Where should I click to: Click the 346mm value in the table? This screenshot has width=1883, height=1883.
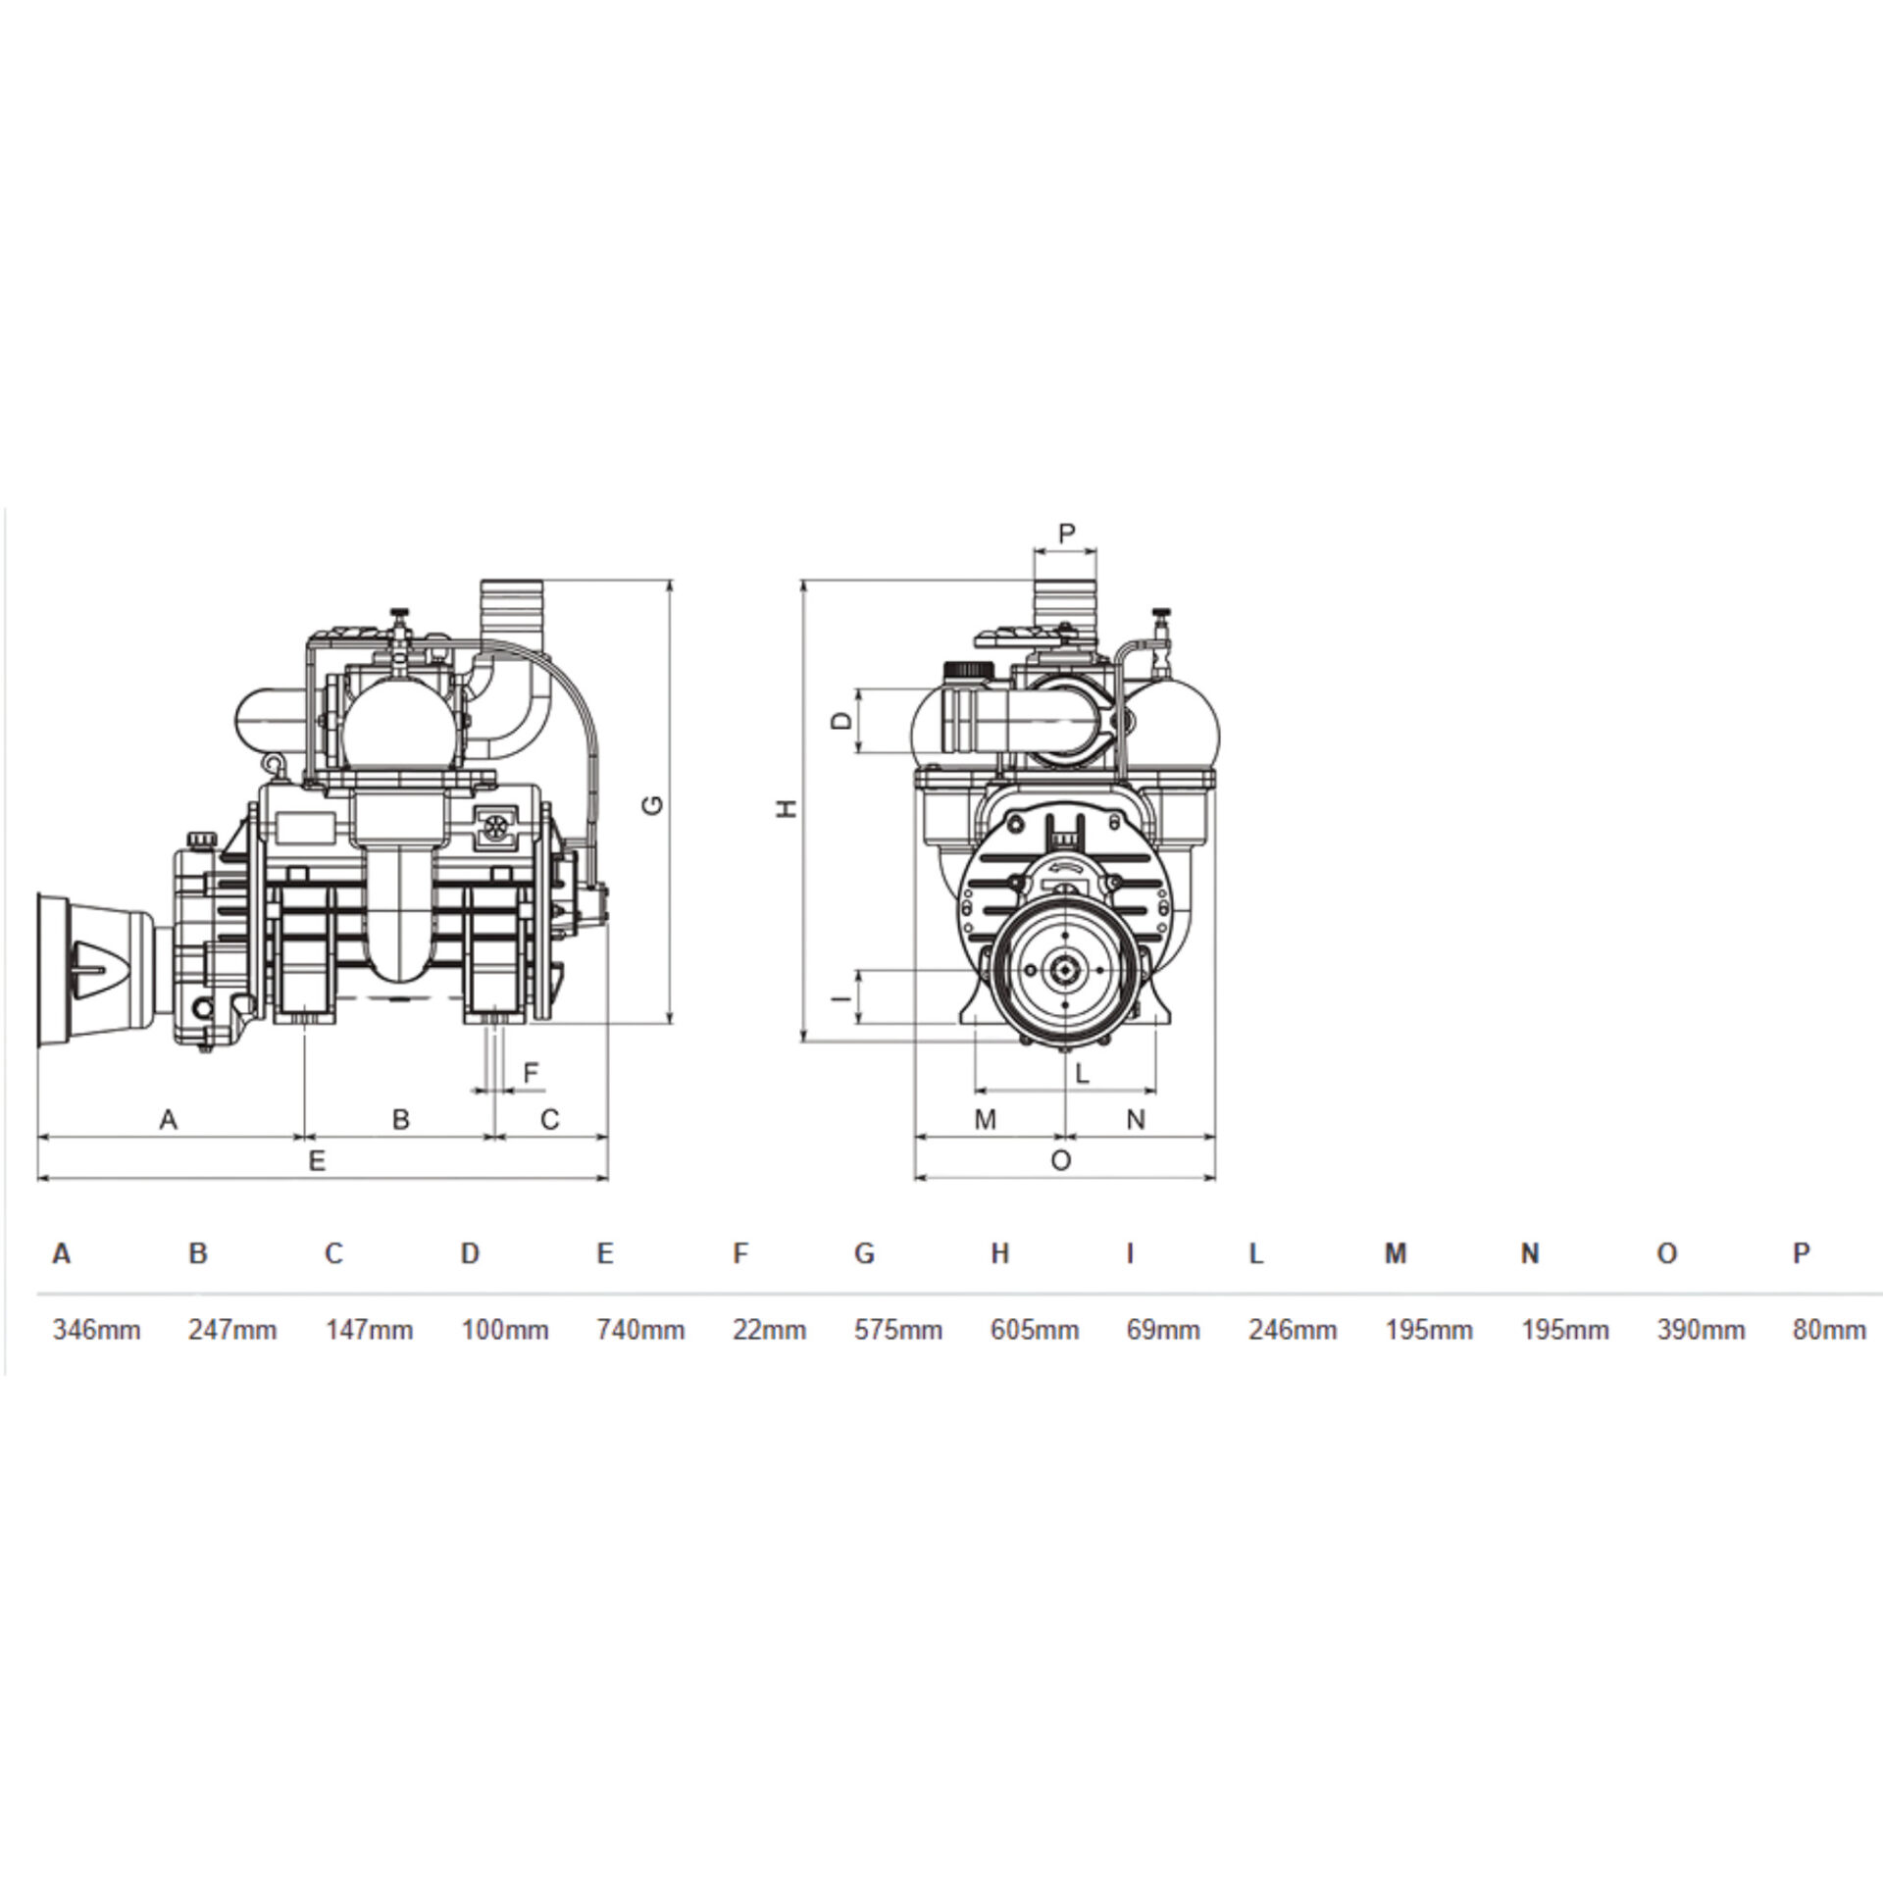click(x=97, y=1330)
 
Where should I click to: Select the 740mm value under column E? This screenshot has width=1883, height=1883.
click(x=640, y=1330)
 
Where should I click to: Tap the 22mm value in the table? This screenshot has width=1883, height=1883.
click(x=770, y=1330)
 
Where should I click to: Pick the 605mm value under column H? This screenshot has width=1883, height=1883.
click(x=1035, y=1330)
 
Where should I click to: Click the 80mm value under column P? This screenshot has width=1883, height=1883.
click(x=1829, y=1330)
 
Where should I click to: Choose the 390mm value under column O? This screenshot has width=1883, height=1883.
click(x=1702, y=1330)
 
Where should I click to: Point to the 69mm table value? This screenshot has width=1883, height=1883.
click(x=1163, y=1330)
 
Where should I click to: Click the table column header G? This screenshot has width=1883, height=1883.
click(x=864, y=1253)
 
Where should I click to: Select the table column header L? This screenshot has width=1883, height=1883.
click(x=1256, y=1253)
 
